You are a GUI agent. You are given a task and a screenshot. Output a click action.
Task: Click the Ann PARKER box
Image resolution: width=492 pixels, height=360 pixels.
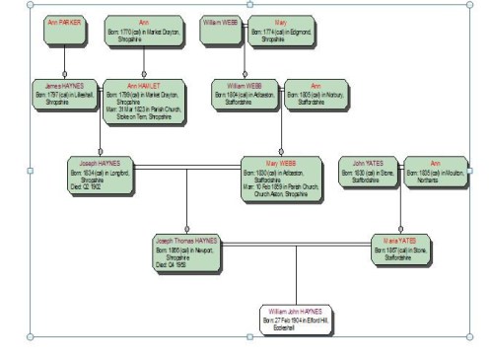click(65, 29)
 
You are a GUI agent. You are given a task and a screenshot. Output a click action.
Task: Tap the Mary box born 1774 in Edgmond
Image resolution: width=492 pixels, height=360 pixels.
click(280, 31)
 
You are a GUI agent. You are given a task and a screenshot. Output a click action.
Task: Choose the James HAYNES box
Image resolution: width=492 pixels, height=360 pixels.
click(64, 96)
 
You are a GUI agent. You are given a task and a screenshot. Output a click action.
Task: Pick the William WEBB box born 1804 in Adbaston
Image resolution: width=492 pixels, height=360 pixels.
click(246, 96)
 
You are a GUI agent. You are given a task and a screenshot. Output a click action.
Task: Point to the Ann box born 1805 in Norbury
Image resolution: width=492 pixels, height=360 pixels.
click(316, 95)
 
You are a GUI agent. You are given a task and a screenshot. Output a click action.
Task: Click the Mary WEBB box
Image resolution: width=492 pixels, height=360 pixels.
click(281, 178)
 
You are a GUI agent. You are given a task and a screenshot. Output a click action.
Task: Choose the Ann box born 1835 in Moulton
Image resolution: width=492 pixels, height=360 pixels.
click(435, 172)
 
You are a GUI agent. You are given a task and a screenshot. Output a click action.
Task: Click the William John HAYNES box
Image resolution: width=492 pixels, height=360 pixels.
click(297, 320)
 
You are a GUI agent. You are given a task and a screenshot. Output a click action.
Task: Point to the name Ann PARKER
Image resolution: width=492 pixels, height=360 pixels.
click(65, 20)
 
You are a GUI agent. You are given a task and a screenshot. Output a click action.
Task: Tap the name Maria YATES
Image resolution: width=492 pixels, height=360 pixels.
click(401, 240)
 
